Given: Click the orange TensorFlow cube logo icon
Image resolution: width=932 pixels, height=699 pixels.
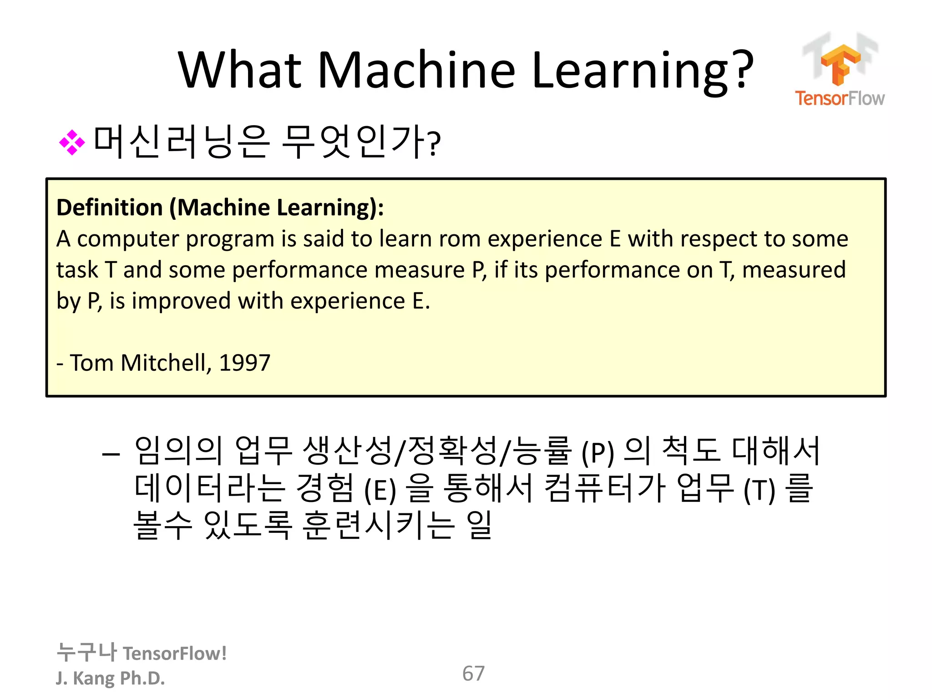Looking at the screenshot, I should pyautogui.click(x=840, y=64).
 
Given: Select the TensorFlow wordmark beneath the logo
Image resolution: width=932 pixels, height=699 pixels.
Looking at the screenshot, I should pyautogui.click(x=840, y=98).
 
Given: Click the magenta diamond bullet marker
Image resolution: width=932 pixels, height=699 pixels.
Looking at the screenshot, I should pyautogui.click(x=72, y=142).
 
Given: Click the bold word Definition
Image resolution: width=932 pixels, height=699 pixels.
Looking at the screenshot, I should pyautogui.click(x=110, y=208).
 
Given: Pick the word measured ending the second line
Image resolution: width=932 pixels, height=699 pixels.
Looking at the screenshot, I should pyautogui.click(x=794, y=270).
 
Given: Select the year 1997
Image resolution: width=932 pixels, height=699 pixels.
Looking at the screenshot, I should pyautogui.click(x=245, y=363).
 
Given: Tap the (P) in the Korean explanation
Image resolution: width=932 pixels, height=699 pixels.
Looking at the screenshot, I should pyautogui.click(x=598, y=452).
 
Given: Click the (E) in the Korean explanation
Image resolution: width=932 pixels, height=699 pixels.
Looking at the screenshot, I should pyautogui.click(x=380, y=490).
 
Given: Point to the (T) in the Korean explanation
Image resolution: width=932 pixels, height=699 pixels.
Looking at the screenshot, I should pyautogui.click(x=759, y=490).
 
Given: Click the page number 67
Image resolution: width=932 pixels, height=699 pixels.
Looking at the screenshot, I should pyautogui.click(x=473, y=674).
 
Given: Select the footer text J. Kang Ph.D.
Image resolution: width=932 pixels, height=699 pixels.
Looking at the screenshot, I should pyautogui.click(x=110, y=678).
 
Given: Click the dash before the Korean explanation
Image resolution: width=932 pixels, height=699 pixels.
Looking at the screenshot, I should pyautogui.click(x=111, y=454).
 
